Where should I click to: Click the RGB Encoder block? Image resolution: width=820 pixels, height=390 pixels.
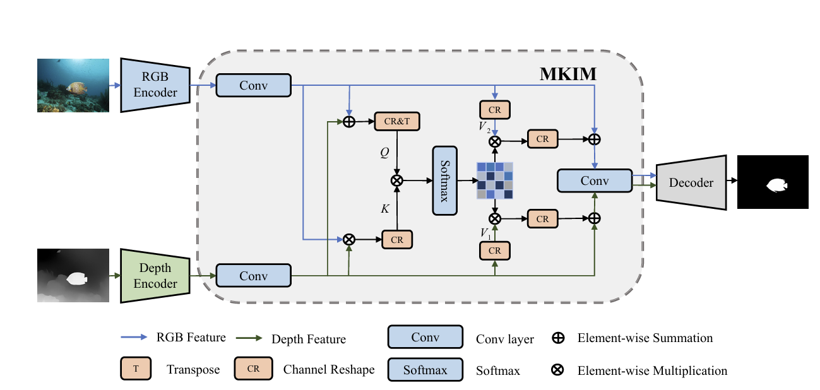pos(155,85)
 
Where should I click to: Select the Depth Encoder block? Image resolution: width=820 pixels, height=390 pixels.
pos(155,276)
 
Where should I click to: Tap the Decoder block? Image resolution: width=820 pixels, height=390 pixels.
pos(691,182)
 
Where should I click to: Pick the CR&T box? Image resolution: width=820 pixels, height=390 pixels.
pos(397,122)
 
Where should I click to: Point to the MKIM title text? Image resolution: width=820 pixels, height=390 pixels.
pos(568,74)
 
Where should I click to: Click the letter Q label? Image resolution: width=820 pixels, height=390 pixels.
pos(384,152)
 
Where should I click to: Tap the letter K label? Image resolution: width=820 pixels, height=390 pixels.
pos(384,209)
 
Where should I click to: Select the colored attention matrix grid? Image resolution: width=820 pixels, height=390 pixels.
pos(495,180)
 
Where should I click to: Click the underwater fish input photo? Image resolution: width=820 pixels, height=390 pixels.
pos(73,85)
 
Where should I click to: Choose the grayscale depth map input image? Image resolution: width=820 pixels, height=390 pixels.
pos(73,276)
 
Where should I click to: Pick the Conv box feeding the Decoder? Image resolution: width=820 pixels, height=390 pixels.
pos(594,181)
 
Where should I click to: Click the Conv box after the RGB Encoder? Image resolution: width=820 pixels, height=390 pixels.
pos(253,85)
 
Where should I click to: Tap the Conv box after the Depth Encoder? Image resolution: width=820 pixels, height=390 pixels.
pos(253,276)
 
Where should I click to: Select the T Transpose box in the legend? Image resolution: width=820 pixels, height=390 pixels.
pos(136,369)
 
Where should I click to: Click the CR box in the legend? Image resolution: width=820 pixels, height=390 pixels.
pos(253,369)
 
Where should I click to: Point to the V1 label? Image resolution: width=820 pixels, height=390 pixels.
pos(484,233)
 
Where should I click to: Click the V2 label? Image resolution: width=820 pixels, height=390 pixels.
pos(484,127)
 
